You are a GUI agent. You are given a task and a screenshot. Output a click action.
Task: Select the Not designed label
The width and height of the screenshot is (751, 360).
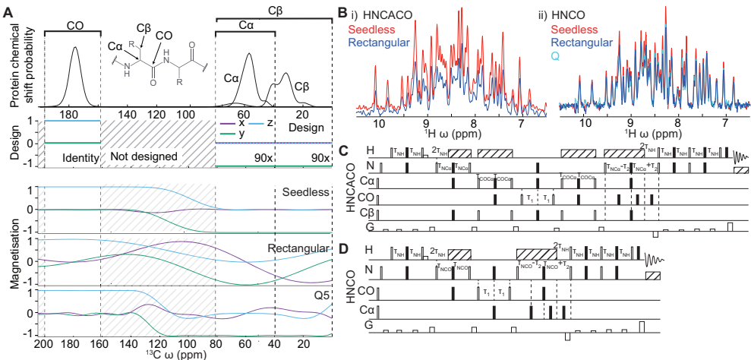pyautogui.click(x=144, y=157)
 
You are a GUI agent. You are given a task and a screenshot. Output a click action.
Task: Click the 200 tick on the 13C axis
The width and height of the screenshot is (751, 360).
pyautogui.click(x=45, y=344)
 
